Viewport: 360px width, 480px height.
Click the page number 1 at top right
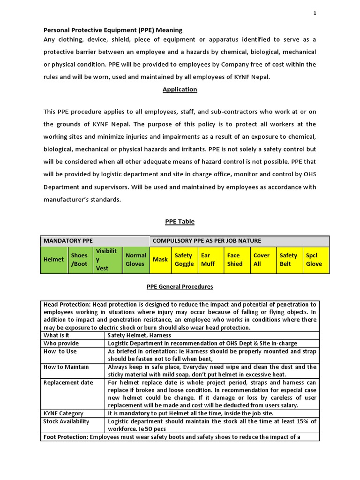tap(315, 13)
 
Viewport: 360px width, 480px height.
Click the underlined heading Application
tap(180, 89)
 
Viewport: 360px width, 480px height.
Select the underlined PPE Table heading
tap(180, 221)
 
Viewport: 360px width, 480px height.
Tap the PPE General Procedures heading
tap(180, 286)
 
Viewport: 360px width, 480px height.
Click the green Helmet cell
tap(53, 260)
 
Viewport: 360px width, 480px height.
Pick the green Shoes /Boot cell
tap(79, 260)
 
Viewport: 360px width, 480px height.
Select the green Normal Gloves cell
tap(135, 260)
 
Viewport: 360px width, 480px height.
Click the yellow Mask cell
tap(160, 260)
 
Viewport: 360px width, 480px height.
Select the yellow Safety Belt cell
tap(289, 260)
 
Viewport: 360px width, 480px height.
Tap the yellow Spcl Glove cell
tap(315, 260)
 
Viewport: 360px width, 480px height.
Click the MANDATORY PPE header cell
tap(68, 241)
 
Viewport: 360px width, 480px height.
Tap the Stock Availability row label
tap(66, 421)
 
